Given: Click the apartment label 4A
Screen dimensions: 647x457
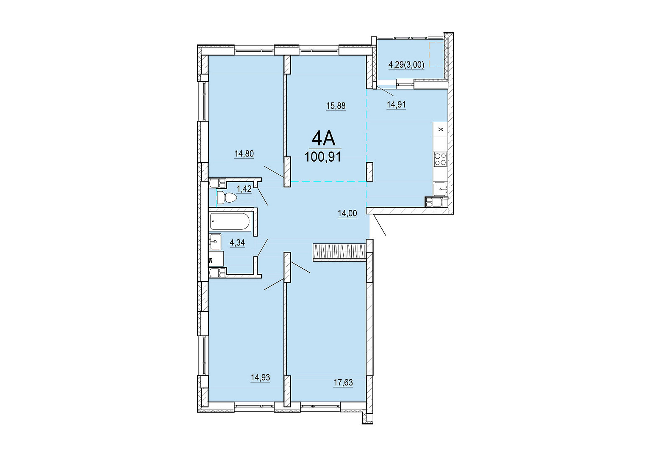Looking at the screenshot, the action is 323,140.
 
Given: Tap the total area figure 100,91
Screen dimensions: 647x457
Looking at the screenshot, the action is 322,157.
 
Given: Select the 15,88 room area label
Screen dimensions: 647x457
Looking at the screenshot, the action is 336,106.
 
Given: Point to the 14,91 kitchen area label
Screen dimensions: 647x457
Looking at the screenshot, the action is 396,105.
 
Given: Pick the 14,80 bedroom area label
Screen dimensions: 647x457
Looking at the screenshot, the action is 244,154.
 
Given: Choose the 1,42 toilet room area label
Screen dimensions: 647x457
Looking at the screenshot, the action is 244,189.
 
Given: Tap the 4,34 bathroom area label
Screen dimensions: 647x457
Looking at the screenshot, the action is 237,243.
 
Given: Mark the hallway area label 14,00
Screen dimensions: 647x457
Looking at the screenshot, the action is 347,214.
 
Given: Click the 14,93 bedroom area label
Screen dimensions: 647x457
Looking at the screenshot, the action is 261,377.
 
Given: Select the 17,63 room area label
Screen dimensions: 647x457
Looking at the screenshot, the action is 344,383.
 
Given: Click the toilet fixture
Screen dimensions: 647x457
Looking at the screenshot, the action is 226,198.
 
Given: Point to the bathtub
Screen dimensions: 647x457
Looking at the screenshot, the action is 230,222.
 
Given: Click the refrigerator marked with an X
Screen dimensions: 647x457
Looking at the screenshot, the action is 440,129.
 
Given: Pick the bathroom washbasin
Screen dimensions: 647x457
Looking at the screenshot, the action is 215,242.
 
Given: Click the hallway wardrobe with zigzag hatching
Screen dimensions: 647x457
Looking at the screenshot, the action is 339,251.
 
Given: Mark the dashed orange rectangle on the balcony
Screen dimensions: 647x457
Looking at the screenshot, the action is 436,55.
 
